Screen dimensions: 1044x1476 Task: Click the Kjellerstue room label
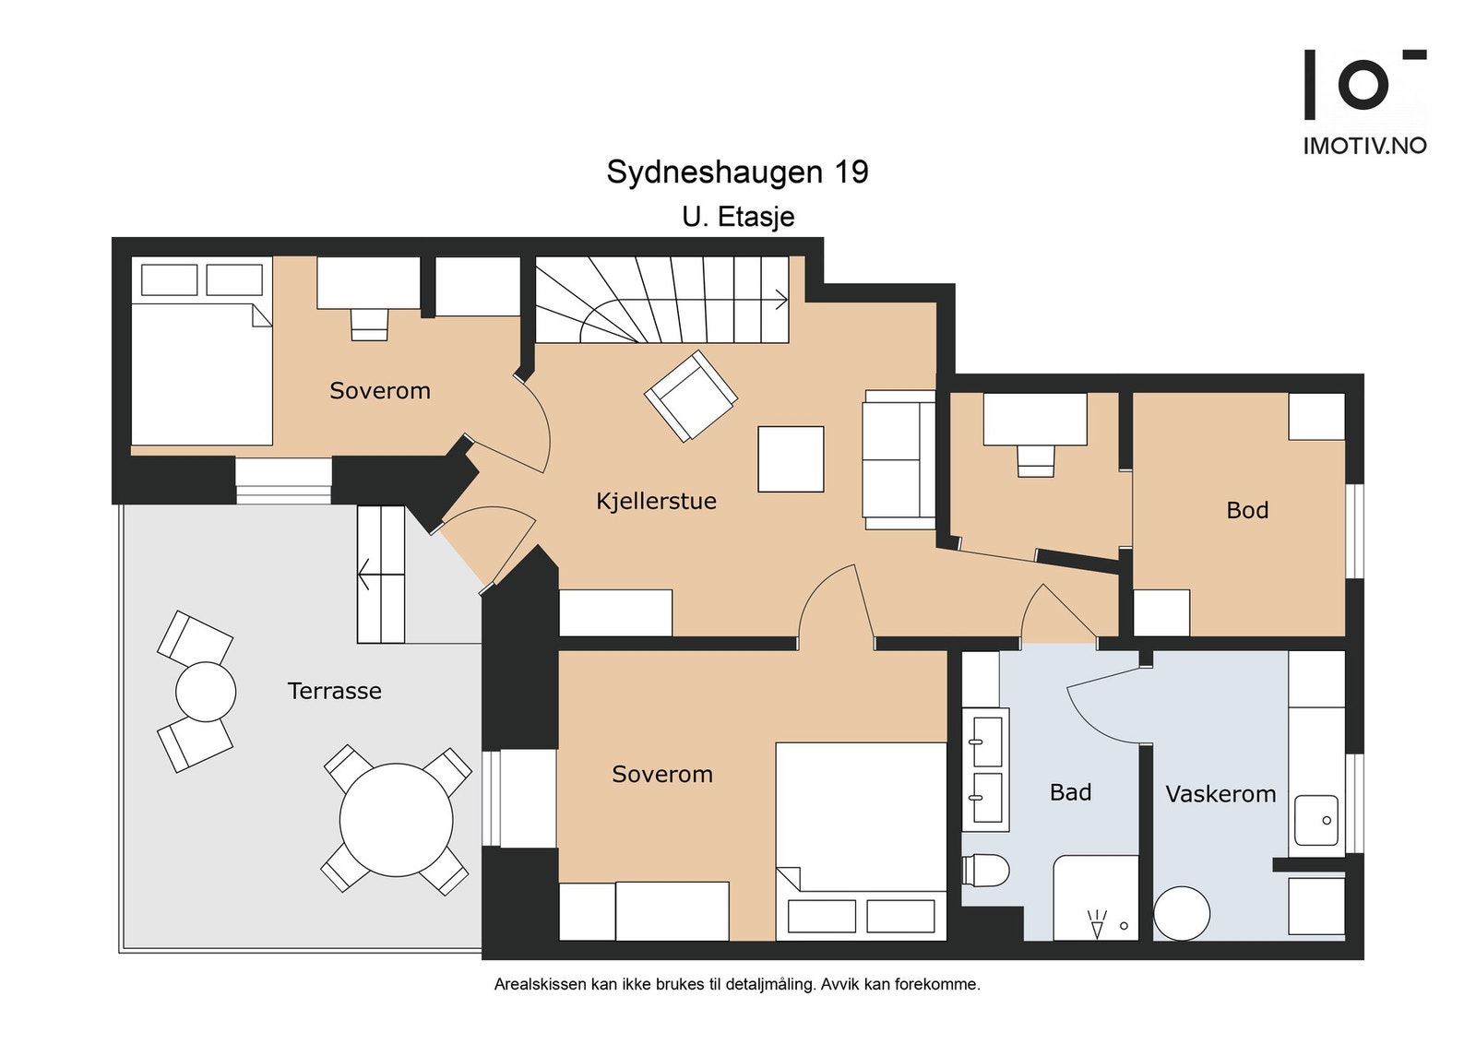coord(656,501)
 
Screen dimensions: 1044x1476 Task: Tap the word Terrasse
coord(334,691)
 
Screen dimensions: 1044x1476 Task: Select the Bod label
coord(1247,510)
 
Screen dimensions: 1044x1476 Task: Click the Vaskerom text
coord(1220,794)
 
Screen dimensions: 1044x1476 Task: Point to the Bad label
coord(1070,792)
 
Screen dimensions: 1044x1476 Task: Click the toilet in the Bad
coord(986,870)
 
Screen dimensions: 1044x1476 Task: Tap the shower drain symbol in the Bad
coord(1097,923)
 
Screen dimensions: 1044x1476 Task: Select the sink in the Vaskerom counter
coord(1315,820)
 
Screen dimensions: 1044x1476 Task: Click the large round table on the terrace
coord(396,820)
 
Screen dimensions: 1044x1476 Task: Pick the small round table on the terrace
coord(206,692)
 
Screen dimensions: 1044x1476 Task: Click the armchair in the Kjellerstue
coord(690,396)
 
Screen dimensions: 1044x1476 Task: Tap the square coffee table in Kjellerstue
coord(791,458)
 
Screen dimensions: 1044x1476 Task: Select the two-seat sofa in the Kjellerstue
coord(899,459)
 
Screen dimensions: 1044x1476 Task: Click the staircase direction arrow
coord(780,300)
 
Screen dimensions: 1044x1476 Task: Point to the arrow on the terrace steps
coord(365,575)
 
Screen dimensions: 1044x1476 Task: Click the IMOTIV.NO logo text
coord(1363,146)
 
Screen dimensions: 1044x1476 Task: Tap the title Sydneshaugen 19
coord(737,172)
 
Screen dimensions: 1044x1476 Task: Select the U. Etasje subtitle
coord(738,217)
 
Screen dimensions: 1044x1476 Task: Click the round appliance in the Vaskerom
coord(1182,913)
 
